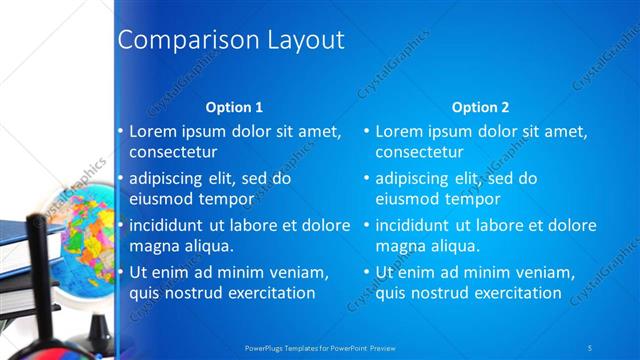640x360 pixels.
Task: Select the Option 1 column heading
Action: (x=234, y=107)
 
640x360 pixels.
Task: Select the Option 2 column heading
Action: (x=480, y=107)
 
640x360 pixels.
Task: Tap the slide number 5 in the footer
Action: (x=590, y=346)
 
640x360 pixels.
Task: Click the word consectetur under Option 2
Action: (x=419, y=153)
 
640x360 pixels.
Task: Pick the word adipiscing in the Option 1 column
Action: (x=170, y=179)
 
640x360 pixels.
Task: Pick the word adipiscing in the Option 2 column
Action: (x=416, y=179)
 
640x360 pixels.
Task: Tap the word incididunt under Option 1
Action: (x=169, y=225)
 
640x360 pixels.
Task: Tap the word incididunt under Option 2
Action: (x=415, y=225)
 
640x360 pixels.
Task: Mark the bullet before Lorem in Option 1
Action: (x=120, y=131)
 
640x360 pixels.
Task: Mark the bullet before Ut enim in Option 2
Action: (x=366, y=272)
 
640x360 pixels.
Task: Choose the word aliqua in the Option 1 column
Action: (x=208, y=246)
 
